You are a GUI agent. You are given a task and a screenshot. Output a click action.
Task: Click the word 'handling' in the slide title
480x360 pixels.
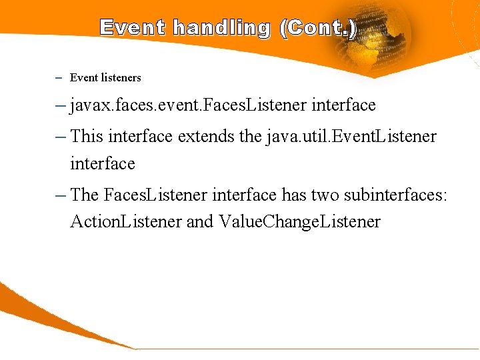221,28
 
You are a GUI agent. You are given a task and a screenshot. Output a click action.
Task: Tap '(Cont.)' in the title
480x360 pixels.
318,28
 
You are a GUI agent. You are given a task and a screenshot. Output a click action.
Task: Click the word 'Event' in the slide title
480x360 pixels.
133,28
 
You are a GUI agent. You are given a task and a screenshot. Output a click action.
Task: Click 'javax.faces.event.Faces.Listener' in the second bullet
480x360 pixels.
188,105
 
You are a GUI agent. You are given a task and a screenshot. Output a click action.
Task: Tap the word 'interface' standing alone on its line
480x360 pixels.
103,163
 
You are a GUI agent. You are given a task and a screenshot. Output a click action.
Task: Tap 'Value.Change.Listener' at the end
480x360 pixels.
299,221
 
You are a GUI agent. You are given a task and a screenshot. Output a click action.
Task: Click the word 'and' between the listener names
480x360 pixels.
199,221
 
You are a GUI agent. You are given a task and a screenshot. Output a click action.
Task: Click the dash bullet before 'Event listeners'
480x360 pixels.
59,78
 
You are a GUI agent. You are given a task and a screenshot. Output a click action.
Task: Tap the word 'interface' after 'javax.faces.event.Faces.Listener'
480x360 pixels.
343,105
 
